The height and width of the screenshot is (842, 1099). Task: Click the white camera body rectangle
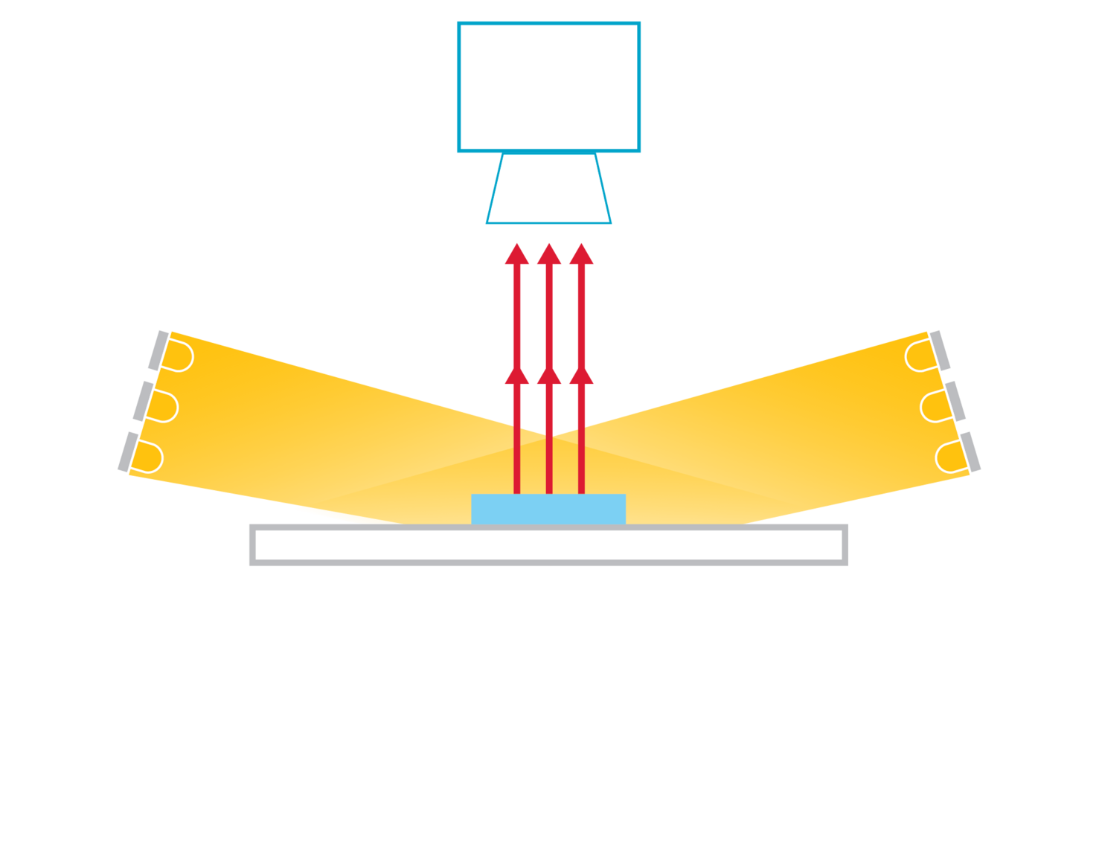548,87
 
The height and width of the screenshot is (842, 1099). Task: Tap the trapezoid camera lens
548,188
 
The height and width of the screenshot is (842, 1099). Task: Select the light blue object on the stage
548,509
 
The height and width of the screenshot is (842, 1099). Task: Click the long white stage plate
548,545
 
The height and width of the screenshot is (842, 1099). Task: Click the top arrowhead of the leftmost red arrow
517,255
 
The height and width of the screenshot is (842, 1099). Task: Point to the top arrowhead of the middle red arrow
549,255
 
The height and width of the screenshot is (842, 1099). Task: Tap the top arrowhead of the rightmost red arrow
581,255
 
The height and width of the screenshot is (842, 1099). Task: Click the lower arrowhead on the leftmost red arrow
517,376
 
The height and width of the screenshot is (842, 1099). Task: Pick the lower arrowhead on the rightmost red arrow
581,376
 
